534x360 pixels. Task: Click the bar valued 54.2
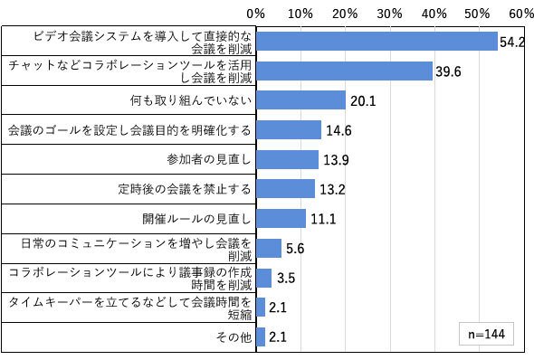(x=377, y=42)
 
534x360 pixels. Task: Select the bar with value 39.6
(x=344, y=71)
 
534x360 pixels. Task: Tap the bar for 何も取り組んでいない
(x=301, y=100)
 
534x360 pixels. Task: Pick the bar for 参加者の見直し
(x=288, y=159)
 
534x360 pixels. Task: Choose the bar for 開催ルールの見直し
(x=281, y=219)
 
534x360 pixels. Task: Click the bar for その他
(x=261, y=336)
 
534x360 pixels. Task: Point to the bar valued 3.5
(x=264, y=278)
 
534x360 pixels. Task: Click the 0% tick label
(x=256, y=14)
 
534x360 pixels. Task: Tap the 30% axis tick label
(x=389, y=14)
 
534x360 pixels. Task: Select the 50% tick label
(x=477, y=14)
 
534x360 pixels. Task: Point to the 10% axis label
(x=300, y=14)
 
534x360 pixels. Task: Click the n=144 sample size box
(x=486, y=334)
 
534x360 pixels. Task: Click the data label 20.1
(x=363, y=101)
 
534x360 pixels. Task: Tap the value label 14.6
(x=339, y=130)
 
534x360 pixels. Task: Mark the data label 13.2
(x=332, y=190)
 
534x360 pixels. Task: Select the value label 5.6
(x=295, y=249)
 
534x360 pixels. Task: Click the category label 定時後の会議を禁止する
(x=185, y=189)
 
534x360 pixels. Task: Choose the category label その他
(x=234, y=336)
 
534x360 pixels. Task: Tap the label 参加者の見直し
(x=209, y=159)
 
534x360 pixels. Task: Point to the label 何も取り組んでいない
(x=191, y=100)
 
